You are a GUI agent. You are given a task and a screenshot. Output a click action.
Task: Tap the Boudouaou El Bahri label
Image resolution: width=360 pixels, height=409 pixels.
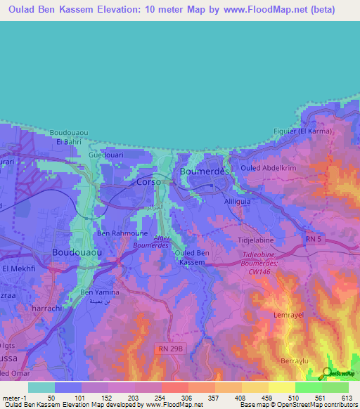tap(69, 137)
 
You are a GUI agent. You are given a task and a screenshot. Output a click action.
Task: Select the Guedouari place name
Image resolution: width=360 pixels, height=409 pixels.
tap(106, 155)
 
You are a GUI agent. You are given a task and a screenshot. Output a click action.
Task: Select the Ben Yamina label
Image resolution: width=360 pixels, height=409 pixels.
tap(100, 292)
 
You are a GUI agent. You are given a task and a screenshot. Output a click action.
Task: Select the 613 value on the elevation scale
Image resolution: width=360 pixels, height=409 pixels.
tap(345, 397)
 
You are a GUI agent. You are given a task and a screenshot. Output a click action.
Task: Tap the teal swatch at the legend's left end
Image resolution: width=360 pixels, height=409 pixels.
tap(41, 387)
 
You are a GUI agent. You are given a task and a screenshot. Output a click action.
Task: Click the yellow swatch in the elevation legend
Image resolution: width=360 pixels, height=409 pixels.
tap(281, 387)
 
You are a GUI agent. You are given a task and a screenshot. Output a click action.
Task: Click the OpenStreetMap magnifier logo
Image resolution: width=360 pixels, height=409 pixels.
tap(326, 373)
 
